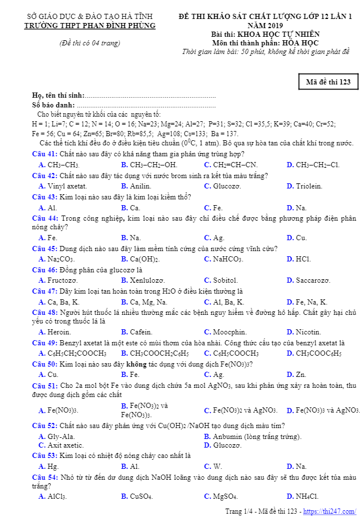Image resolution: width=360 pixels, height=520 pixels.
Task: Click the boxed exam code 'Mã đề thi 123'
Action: [328, 82]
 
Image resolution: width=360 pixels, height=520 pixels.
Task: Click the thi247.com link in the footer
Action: [330, 511]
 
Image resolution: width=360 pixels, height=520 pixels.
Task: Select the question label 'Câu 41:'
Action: [44, 154]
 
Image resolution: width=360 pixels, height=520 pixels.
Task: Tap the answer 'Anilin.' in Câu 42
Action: [140, 186]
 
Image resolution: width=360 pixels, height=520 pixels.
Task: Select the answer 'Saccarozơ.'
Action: [313, 280]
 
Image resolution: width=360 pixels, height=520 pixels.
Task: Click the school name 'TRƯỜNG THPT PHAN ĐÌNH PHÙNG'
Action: [90, 26]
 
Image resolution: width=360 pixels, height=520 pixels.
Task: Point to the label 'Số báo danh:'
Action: [53, 105]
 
